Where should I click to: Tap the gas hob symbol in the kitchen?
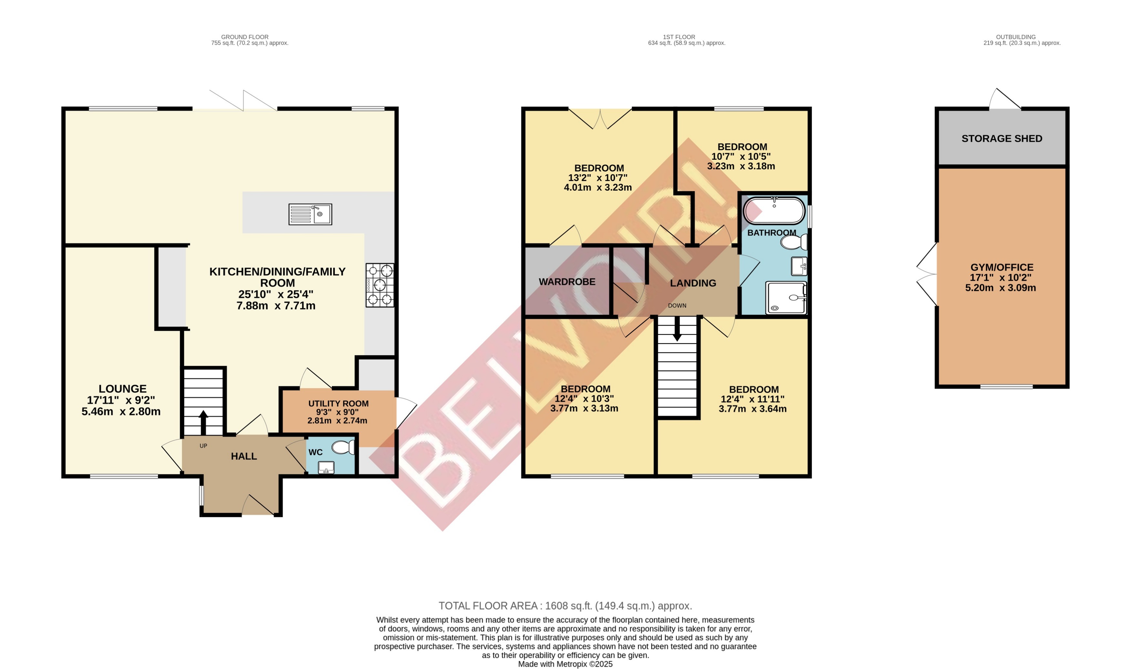pyautogui.click(x=380, y=285)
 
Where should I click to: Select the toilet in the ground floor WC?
pyautogui.click(x=343, y=447)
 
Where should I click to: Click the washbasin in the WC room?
pyautogui.click(x=326, y=468)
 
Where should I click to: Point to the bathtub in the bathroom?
pyautogui.click(x=774, y=210)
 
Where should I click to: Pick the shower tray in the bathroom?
pyautogui.click(x=786, y=298)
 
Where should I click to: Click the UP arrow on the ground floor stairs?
pyautogui.click(x=203, y=422)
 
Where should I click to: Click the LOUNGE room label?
pyautogui.click(x=122, y=389)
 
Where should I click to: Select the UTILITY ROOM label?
pyautogui.click(x=338, y=404)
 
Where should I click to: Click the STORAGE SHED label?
pyautogui.click(x=1002, y=138)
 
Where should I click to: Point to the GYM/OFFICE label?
pyautogui.click(x=1002, y=267)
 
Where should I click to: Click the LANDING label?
pyautogui.click(x=693, y=283)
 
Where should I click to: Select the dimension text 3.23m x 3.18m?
pyautogui.click(x=741, y=166)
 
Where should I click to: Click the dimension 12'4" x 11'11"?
pyautogui.click(x=752, y=399)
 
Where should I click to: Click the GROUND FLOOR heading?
pyautogui.click(x=245, y=37)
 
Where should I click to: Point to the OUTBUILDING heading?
pyautogui.click(x=1016, y=37)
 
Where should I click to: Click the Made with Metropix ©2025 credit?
pyautogui.click(x=565, y=664)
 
